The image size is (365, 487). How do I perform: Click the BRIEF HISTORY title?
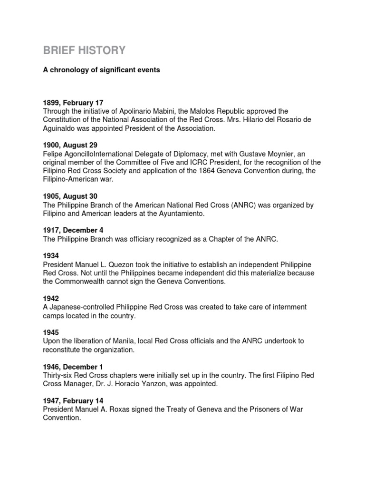click(x=85, y=50)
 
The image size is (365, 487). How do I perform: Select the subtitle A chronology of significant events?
click(x=102, y=70)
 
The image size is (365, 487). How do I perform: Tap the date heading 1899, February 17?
click(x=73, y=103)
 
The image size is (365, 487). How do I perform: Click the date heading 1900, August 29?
click(x=71, y=146)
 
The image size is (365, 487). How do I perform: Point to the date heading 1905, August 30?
click(x=71, y=196)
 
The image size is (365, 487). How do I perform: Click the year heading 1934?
click(x=51, y=256)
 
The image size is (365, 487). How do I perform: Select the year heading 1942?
click(x=51, y=299)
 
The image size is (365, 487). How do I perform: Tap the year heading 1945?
click(x=51, y=332)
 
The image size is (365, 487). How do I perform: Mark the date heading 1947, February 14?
click(x=73, y=401)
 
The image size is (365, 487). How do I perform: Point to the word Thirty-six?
click(x=59, y=375)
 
